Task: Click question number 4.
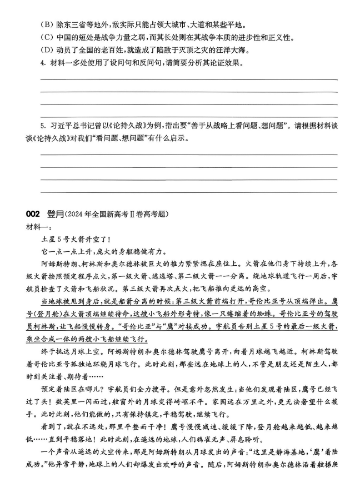[43, 63]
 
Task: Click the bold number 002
[33, 213]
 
